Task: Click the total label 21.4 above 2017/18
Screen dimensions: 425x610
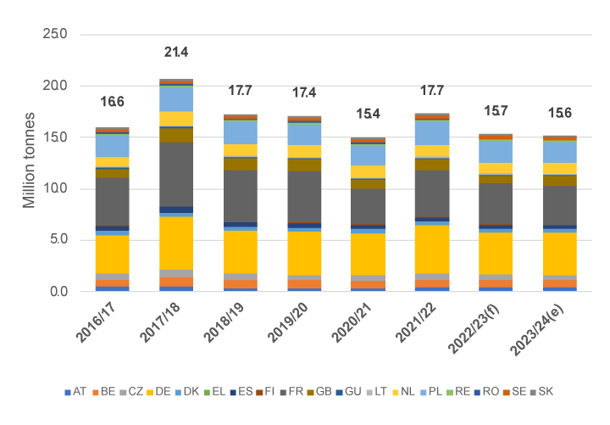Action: [x=175, y=53]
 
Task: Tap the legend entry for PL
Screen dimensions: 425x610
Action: [x=450, y=392]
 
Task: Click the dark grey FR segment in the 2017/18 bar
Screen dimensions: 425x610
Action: [x=175, y=174]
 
